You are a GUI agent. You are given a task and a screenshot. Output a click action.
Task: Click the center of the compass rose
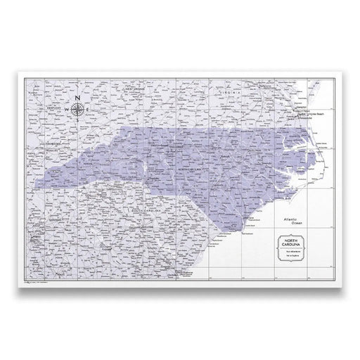tap(78, 108)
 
